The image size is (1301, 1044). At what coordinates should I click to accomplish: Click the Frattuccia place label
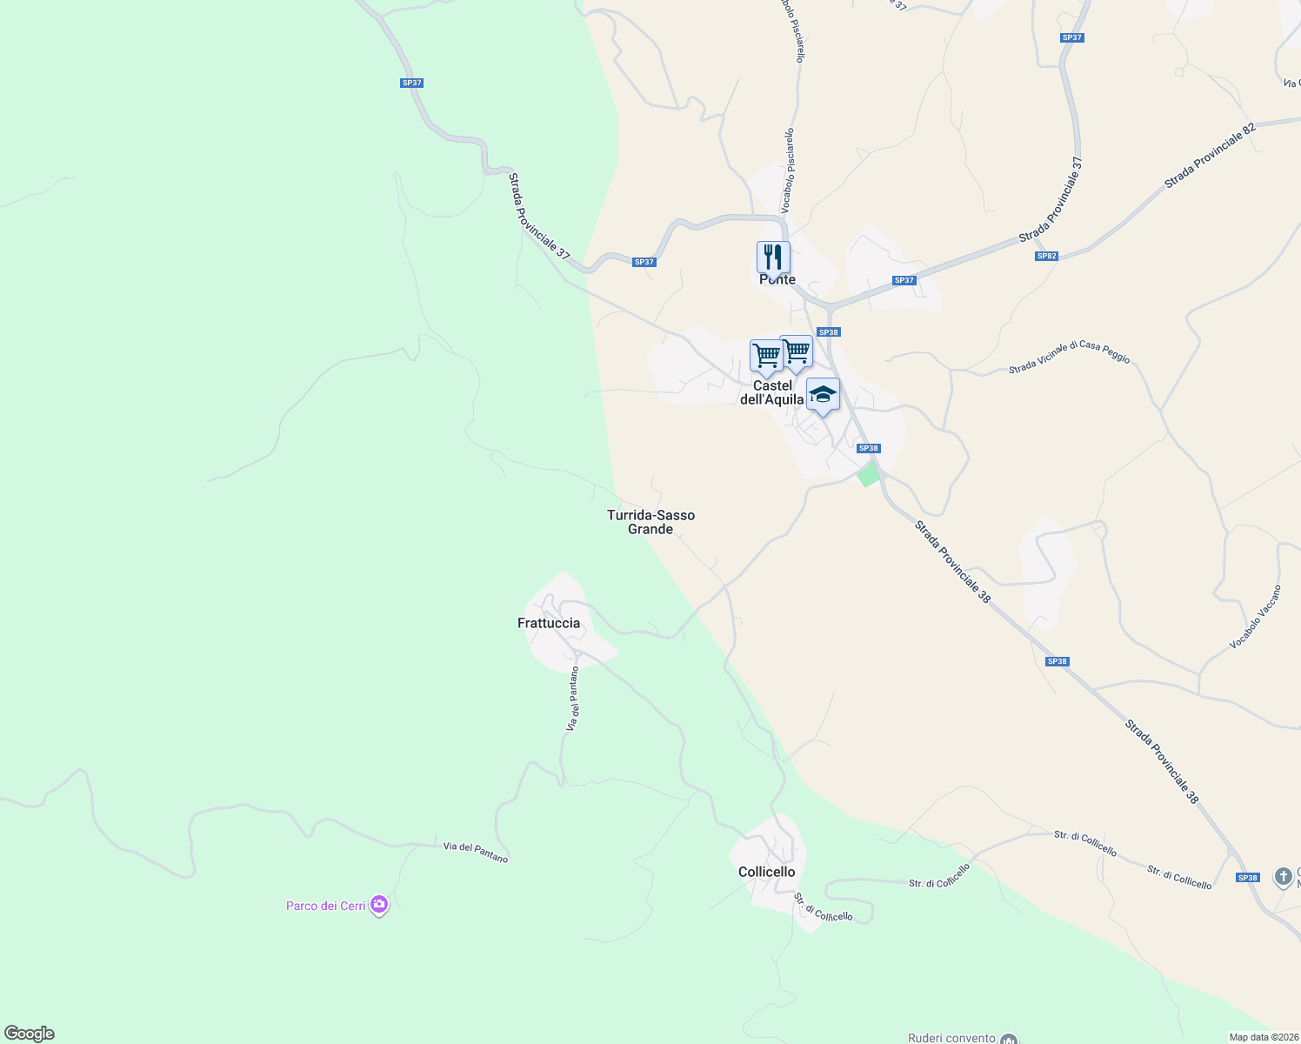pyautogui.click(x=549, y=623)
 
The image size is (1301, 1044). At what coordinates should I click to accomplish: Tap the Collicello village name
pyautogui.click(x=766, y=872)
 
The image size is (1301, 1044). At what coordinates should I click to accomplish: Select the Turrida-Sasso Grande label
pyautogui.click(x=650, y=522)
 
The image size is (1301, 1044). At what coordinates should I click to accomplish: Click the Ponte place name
pyautogui.click(x=777, y=280)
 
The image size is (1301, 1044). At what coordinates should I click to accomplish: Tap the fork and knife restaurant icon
pyautogui.click(x=773, y=258)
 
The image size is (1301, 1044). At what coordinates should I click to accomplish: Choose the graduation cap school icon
pyautogui.click(x=823, y=395)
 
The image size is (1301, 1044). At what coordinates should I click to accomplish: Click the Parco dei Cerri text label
pyautogui.click(x=326, y=906)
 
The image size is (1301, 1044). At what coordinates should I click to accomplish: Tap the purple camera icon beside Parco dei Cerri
pyautogui.click(x=379, y=906)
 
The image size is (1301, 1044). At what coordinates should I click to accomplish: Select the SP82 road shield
pyautogui.click(x=1046, y=256)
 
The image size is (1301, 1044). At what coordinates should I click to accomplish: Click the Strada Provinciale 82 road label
pyautogui.click(x=1211, y=155)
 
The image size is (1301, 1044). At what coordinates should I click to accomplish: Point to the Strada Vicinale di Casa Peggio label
pyautogui.click(x=1069, y=358)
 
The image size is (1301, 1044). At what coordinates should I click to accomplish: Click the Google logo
pyautogui.click(x=30, y=1034)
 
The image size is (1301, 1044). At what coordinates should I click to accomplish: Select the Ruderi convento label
pyautogui.click(x=951, y=1038)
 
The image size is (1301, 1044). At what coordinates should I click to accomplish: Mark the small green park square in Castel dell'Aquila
pyautogui.click(x=867, y=475)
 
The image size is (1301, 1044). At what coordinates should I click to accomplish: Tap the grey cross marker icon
pyautogui.click(x=1284, y=877)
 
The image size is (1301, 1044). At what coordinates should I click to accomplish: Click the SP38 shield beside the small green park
pyautogui.click(x=868, y=448)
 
